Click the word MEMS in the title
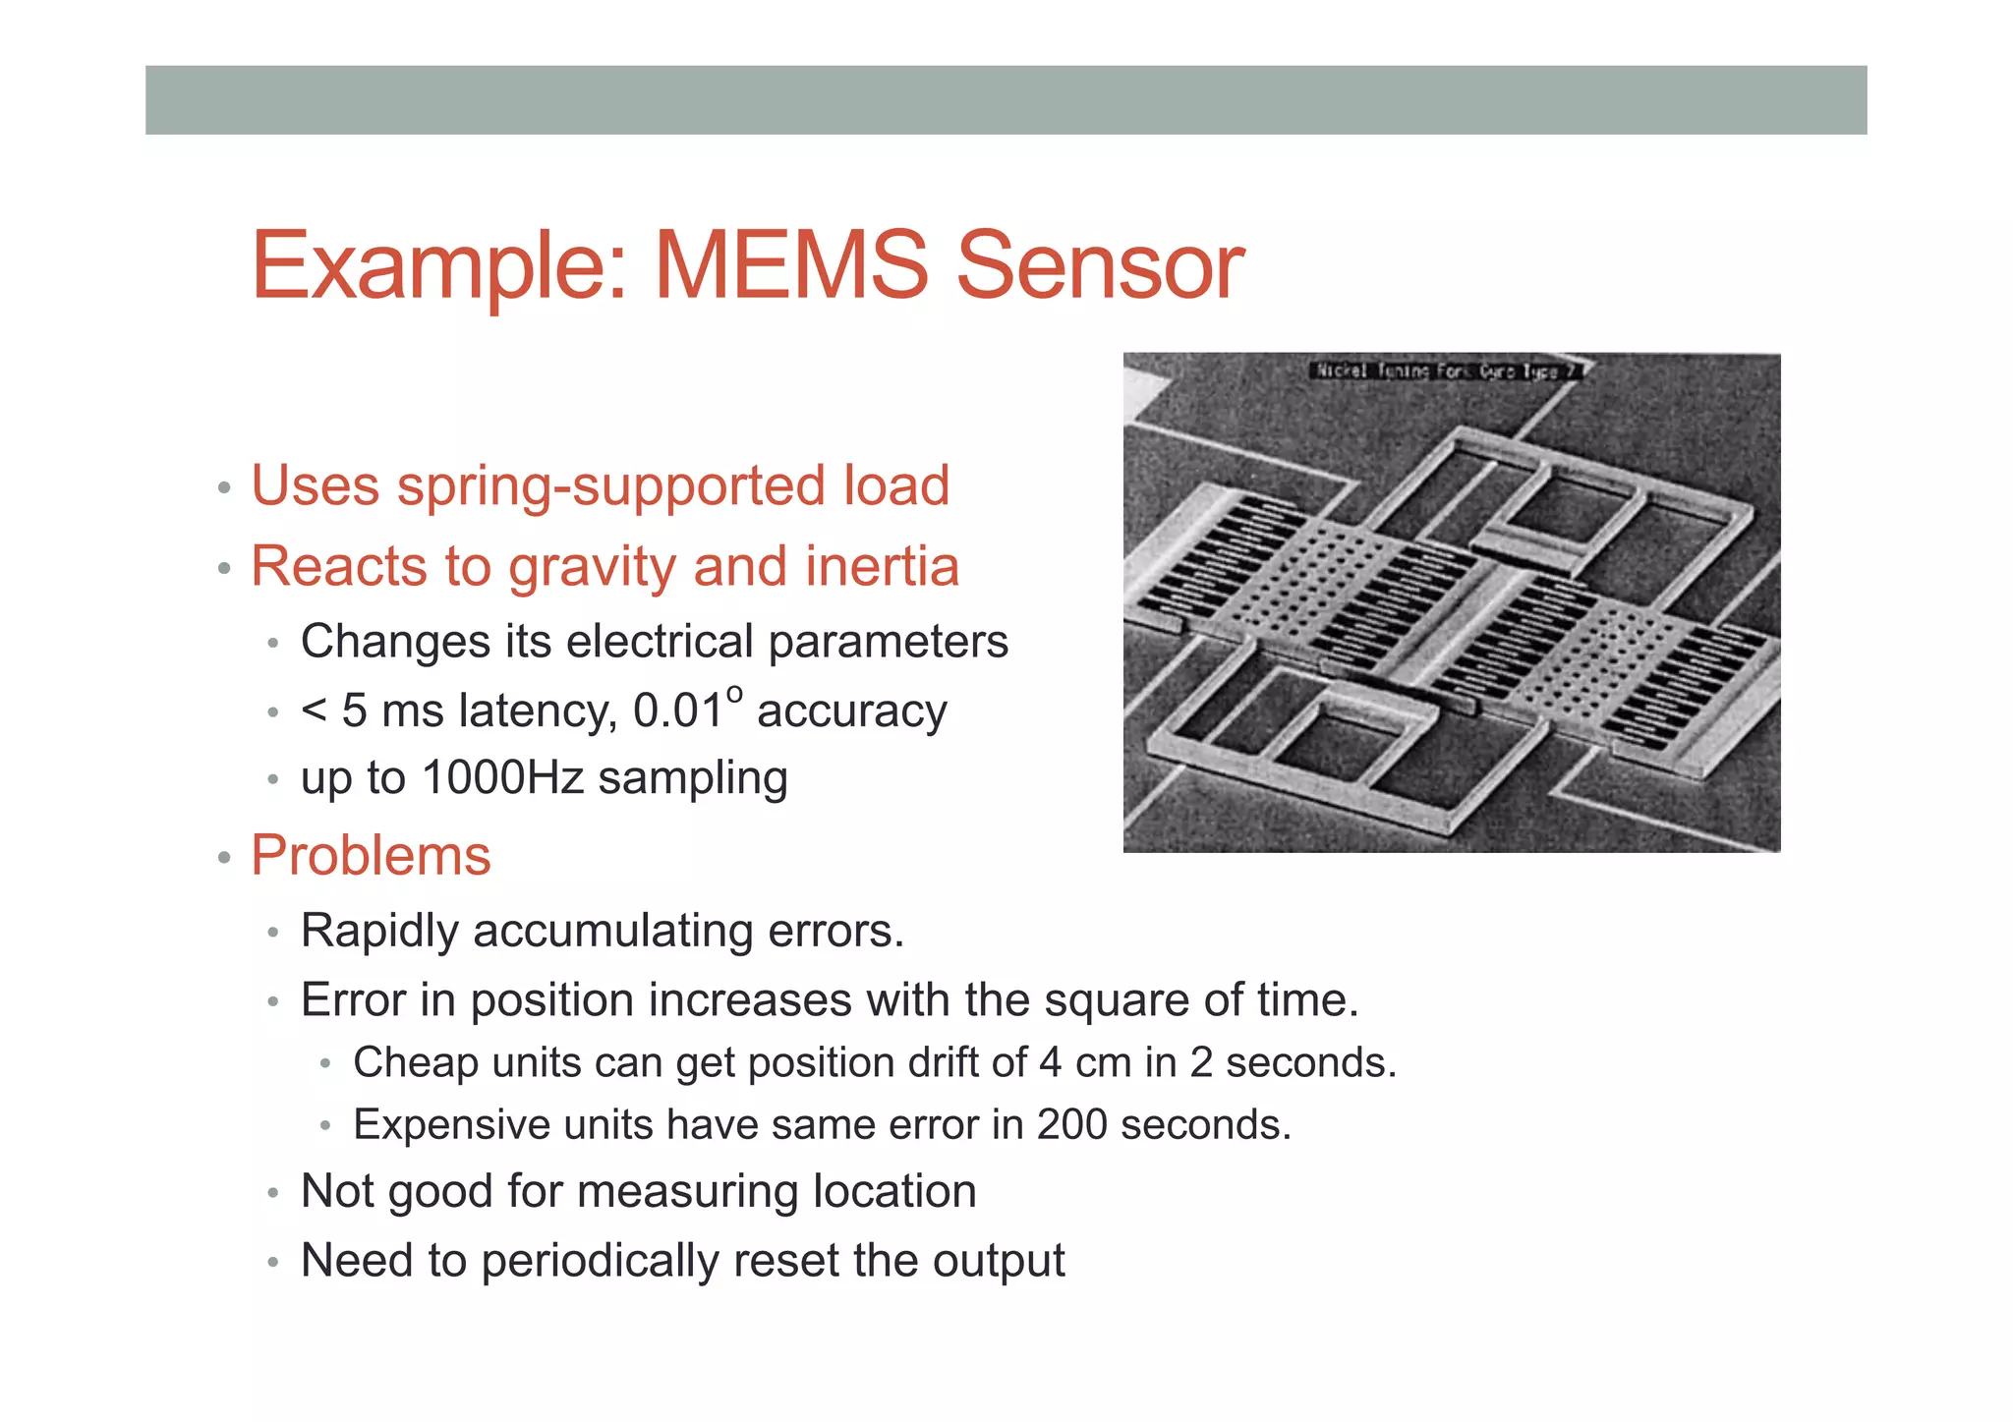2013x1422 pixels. pos(790,265)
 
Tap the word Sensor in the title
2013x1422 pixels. pos(1100,265)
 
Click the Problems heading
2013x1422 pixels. pos(371,855)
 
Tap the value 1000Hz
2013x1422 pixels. pos(502,778)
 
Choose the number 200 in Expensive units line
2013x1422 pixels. pos(1072,1125)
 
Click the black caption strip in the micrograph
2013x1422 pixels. pos(1445,370)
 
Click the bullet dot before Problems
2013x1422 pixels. pos(224,858)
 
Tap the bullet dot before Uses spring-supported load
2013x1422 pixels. pos(224,487)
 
